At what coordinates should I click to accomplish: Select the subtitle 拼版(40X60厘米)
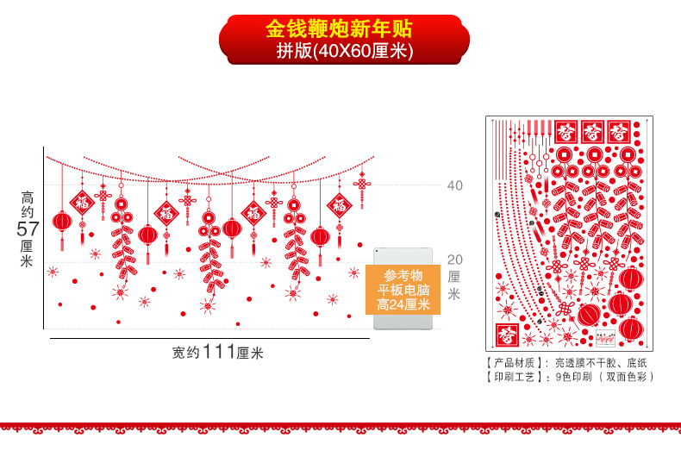point(344,51)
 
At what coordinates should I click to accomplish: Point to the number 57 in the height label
point(28,229)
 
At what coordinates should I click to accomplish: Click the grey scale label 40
point(454,185)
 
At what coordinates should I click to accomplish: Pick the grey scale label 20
point(454,259)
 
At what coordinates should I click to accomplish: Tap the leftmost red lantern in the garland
point(62,222)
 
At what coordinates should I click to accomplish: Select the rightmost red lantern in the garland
point(320,236)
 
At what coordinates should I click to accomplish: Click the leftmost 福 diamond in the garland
point(82,203)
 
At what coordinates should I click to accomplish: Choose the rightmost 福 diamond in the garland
point(339,205)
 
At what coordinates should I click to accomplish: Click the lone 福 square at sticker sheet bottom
point(507,334)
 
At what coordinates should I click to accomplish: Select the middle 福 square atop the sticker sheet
point(592,131)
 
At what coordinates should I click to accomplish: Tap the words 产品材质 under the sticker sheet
point(515,363)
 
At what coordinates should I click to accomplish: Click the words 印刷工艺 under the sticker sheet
point(515,377)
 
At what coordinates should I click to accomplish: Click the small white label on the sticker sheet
point(606,339)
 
